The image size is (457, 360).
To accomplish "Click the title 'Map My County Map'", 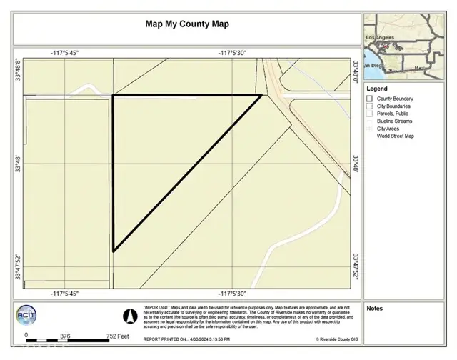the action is click(x=188, y=24).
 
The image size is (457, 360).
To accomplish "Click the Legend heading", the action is click(x=377, y=89).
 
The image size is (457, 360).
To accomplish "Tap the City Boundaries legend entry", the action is click(x=395, y=106).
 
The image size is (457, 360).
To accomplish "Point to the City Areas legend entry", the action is click(x=389, y=128).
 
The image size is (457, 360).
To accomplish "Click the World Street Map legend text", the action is click(x=396, y=135).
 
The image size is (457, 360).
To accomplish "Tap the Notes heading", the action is click(x=375, y=309).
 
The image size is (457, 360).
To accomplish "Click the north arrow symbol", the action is click(x=129, y=314).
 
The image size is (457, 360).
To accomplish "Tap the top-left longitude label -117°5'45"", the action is click(x=64, y=53).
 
